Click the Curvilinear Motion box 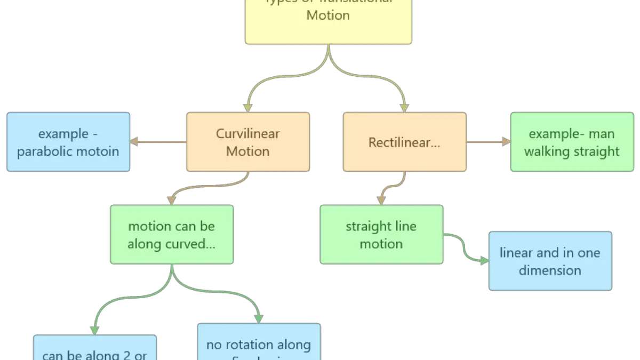click(x=248, y=142)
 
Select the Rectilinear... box click(x=404, y=142)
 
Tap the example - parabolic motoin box click(x=68, y=142)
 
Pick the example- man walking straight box click(x=572, y=142)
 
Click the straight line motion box click(x=381, y=235)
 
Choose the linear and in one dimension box click(x=550, y=261)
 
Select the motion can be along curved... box click(x=172, y=235)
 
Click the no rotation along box click(x=259, y=344)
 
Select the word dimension click(x=550, y=270)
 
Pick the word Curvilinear click(x=248, y=133)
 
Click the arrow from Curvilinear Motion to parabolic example click(x=158, y=142)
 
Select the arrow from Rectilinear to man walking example click(x=488, y=142)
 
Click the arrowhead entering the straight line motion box click(x=381, y=201)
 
